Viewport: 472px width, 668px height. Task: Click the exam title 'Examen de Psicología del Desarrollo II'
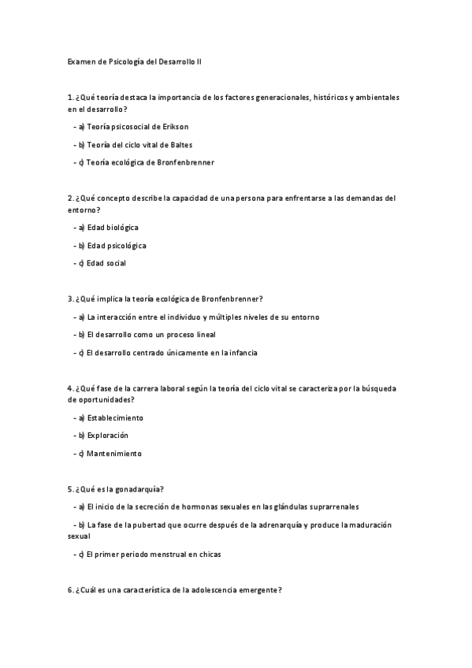(x=136, y=61)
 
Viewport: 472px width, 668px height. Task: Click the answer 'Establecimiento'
(x=115, y=417)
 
